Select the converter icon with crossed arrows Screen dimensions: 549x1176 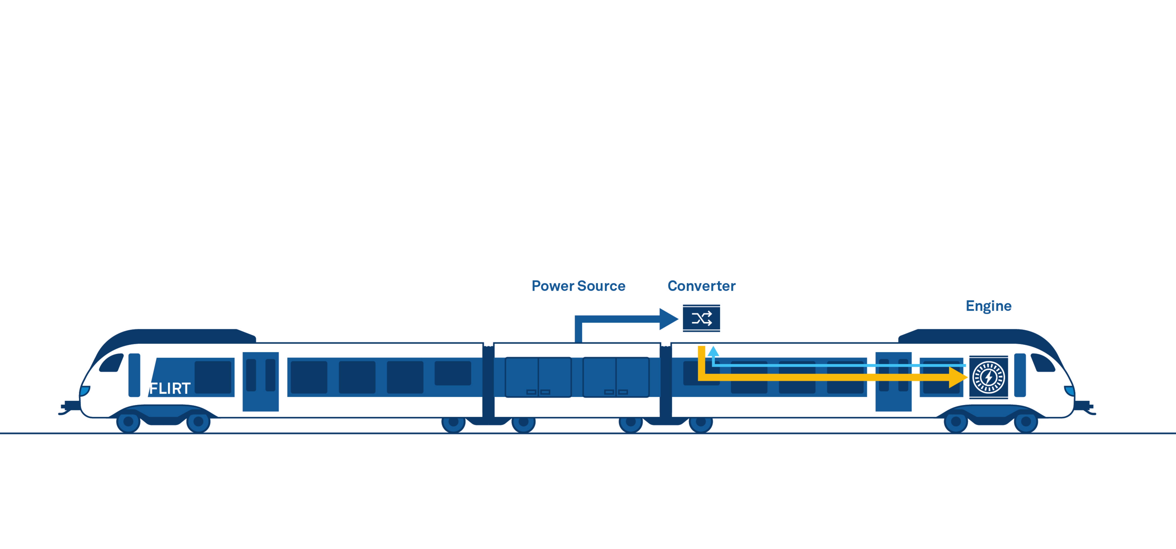point(701,318)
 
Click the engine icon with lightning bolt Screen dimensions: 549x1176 point(988,377)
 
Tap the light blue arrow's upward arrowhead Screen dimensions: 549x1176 point(713,351)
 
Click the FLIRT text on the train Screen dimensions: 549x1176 point(170,388)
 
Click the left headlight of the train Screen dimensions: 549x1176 point(85,391)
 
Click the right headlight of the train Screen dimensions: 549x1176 point(1070,391)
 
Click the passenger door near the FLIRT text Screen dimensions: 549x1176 point(260,381)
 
